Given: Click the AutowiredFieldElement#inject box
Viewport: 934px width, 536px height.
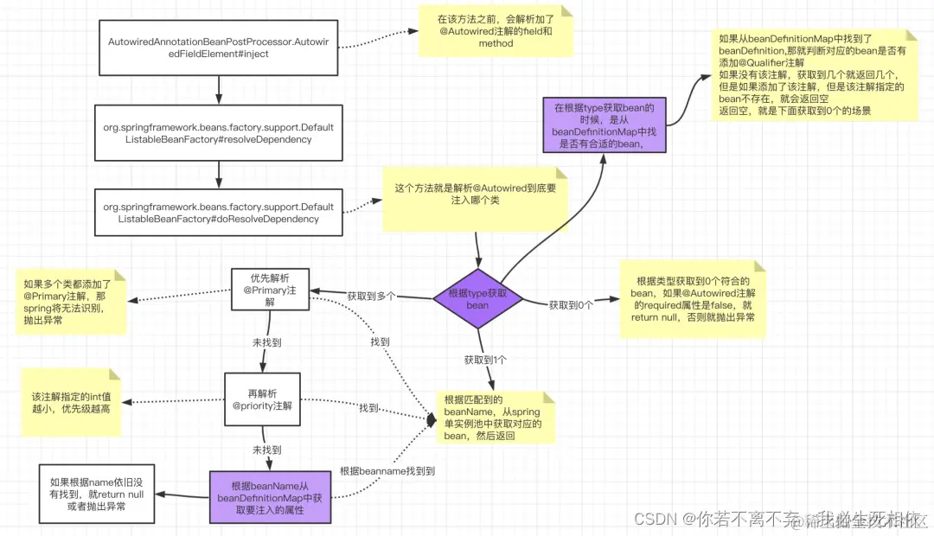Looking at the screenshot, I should click(x=219, y=47).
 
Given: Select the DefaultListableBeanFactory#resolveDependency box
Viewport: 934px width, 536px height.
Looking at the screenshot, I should click(x=218, y=132).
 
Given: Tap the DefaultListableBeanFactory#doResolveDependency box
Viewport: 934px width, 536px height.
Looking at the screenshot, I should click(x=218, y=213).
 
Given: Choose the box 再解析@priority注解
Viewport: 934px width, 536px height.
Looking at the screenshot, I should click(x=262, y=399).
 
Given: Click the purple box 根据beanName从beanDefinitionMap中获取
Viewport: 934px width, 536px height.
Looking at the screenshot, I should click(x=270, y=497).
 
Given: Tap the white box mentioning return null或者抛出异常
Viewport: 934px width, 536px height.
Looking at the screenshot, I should click(x=96, y=494).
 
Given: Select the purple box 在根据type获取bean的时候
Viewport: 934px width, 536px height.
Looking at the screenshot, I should click(x=605, y=126).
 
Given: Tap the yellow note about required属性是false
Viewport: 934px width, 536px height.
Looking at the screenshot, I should click(x=693, y=299).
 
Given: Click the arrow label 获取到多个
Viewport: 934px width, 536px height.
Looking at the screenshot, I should click(x=371, y=296).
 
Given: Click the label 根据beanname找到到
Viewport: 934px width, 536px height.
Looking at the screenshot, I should click(x=387, y=471).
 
